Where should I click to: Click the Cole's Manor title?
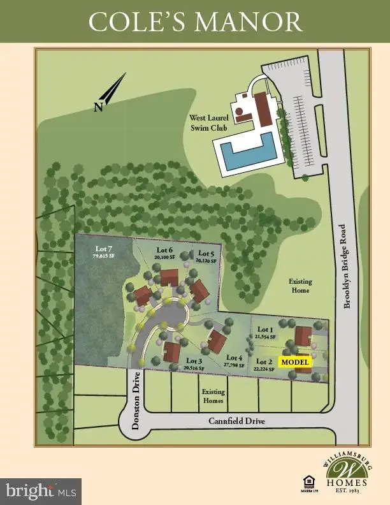tap(195, 22)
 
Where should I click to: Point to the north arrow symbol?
tap(109, 92)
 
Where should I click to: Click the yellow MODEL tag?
tap(295, 362)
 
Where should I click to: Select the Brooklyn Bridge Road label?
tap(347, 266)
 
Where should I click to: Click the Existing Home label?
tap(300, 286)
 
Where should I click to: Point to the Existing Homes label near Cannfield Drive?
tap(213, 397)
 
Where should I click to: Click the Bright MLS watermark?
tap(41, 491)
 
